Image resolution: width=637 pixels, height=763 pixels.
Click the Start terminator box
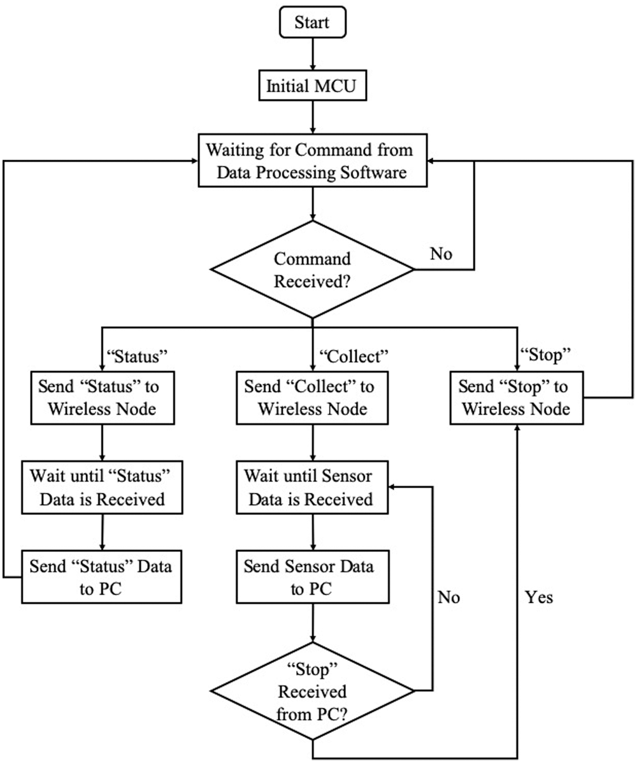point(312,24)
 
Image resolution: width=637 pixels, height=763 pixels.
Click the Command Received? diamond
point(312,269)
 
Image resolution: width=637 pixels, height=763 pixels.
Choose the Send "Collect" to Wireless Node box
point(312,397)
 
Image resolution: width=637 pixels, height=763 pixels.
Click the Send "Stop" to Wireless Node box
point(517,397)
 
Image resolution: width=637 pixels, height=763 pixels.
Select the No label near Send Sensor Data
point(448,597)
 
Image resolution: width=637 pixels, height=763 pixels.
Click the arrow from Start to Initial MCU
point(312,56)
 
